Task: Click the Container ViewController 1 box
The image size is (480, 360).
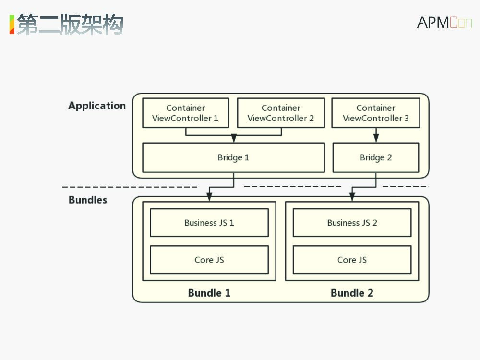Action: [185, 113]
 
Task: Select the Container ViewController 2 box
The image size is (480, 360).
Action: [280, 113]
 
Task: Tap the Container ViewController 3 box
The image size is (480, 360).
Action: [376, 113]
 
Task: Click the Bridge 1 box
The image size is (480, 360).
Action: [233, 157]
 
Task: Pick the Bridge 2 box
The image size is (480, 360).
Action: [376, 157]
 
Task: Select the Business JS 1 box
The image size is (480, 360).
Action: [209, 223]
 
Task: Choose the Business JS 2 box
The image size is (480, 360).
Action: [352, 223]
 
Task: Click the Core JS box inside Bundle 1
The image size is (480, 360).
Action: [209, 260]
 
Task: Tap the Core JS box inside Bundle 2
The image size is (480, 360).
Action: [352, 260]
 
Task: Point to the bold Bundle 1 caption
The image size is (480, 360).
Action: [209, 293]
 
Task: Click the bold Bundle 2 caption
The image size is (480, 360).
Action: [352, 293]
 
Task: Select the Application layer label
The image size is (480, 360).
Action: [97, 106]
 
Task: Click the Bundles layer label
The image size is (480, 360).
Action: [88, 200]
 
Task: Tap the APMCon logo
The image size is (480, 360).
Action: [444, 22]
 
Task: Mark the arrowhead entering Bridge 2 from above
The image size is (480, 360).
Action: [376, 138]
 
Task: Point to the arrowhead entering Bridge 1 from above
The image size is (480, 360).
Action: [234, 139]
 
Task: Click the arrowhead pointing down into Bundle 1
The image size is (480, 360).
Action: [209, 197]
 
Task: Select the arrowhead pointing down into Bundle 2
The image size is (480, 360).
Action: [352, 197]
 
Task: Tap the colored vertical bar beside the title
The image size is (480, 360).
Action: [12, 24]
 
